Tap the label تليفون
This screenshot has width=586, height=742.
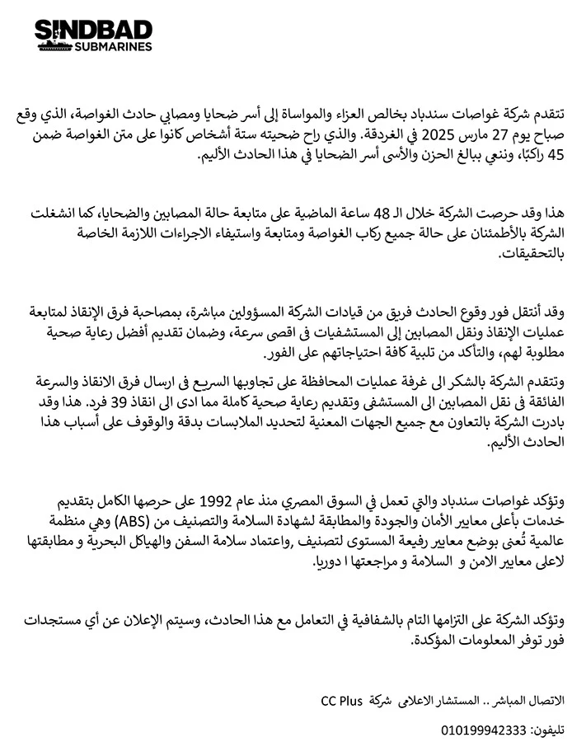pos(549,729)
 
